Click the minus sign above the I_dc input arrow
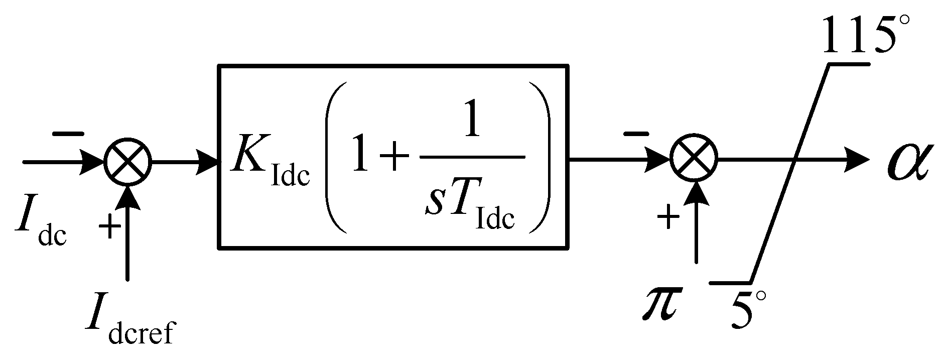[67, 134]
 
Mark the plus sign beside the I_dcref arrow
[109, 227]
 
